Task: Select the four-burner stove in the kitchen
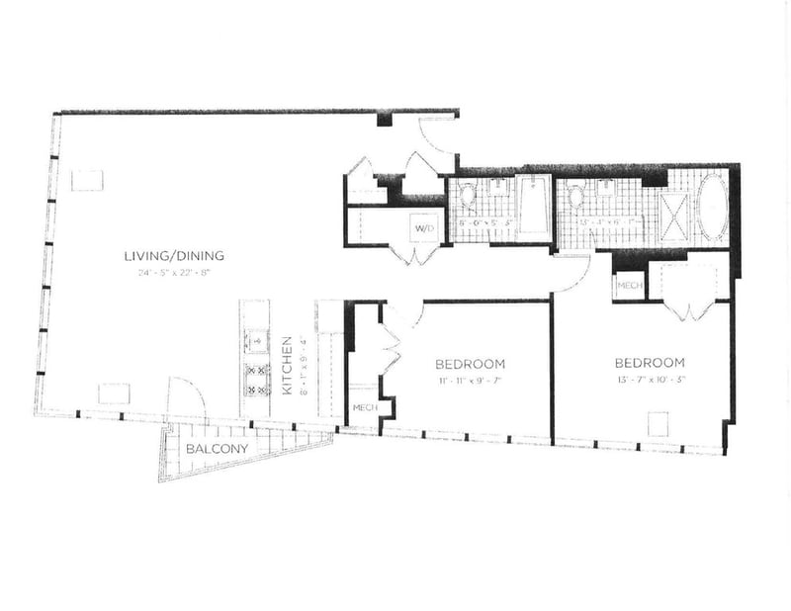[257, 379]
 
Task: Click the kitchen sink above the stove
[256, 340]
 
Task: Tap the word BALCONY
[217, 449]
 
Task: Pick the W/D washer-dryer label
[424, 228]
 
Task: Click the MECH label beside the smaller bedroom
[363, 407]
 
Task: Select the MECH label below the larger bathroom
[629, 286]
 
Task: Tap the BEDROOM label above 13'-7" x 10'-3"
[650, 362]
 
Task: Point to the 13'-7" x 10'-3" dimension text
[650, 379]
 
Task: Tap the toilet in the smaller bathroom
[468, 197]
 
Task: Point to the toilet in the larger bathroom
[574, 197]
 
